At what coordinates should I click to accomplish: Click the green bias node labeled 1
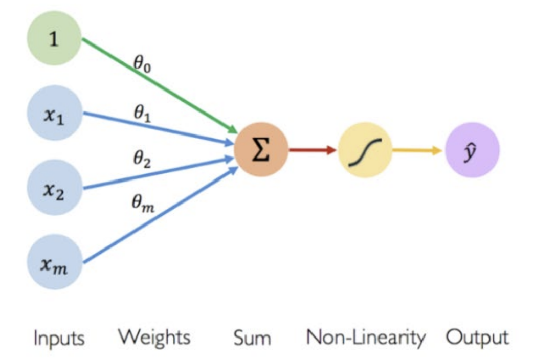54,38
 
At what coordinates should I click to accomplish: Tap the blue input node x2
54,188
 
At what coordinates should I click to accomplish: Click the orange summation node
261,150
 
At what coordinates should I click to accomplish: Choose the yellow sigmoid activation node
365,150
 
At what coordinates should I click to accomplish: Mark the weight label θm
143,204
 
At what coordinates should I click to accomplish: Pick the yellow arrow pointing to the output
417,150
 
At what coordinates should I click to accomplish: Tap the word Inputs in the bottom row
59,338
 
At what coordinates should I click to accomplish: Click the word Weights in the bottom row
154,337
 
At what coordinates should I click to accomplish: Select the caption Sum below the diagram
252,338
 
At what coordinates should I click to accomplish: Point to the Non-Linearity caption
366,337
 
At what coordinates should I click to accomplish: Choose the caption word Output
477,338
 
